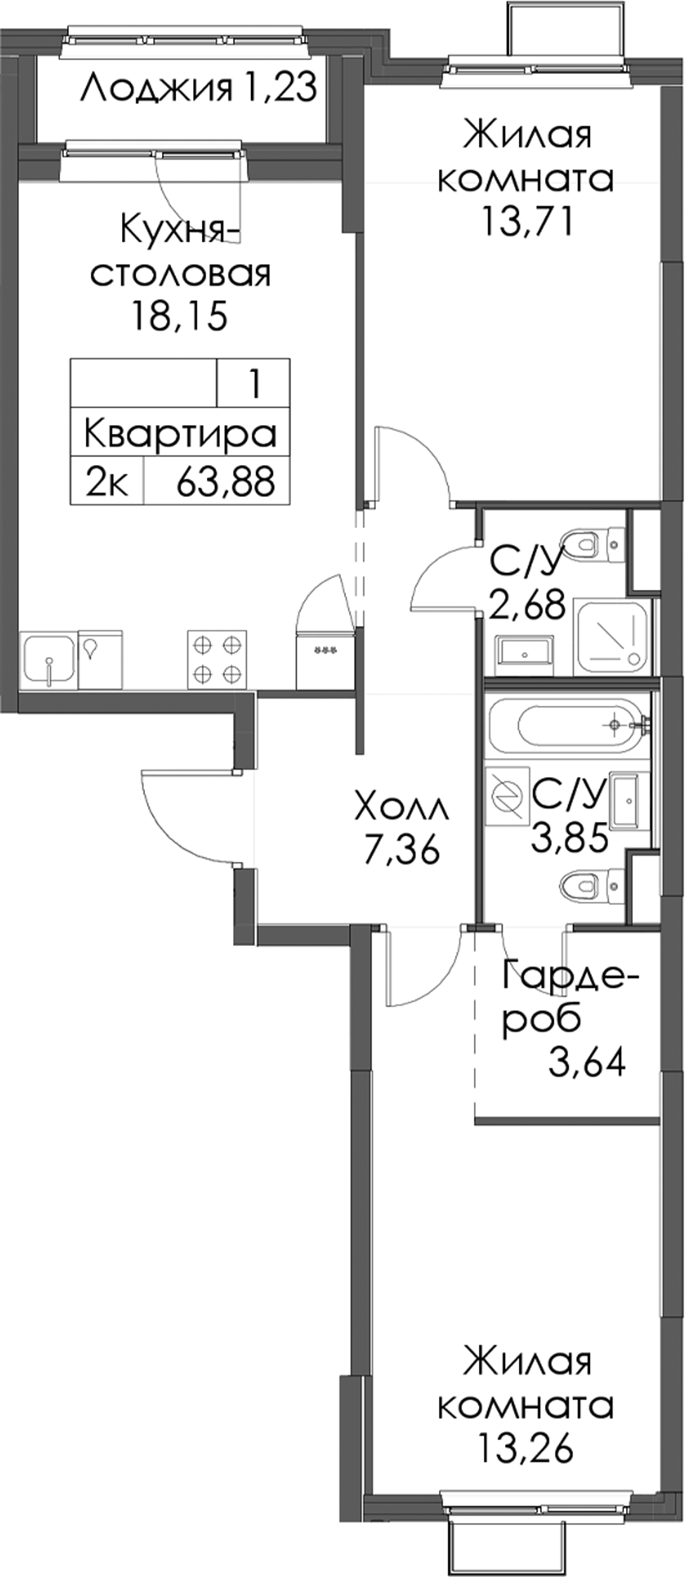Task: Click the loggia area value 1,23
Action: pos(279,88)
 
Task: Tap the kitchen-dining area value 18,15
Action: pos(179,315)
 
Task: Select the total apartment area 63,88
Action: pos(226,481)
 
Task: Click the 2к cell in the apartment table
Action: pos(107,481)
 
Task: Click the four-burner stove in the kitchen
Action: pos(217,659)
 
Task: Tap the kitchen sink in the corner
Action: pos(48,659)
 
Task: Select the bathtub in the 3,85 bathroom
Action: pos(570,724)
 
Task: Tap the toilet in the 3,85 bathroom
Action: pos(590,885)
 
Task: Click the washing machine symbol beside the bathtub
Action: pos(507,796)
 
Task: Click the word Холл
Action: pos(402,808)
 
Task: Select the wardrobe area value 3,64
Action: pos(587,1062)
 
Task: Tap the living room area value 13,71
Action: pos(528,221)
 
